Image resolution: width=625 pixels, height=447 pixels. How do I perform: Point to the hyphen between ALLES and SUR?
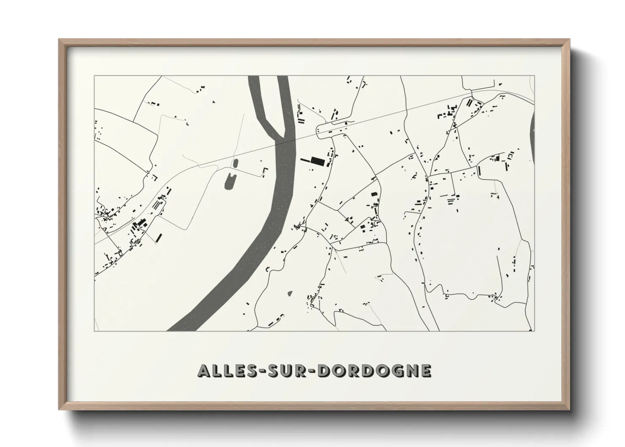point(257,371)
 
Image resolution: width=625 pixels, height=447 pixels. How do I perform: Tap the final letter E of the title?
point(426,371)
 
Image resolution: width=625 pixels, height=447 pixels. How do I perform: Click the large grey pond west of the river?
point(231,180)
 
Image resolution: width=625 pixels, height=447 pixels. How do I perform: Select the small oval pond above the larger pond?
point(235,163)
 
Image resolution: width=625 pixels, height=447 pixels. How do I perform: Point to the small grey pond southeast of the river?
point(290,293)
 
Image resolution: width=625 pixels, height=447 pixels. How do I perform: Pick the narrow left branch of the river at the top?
point(258,101)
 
